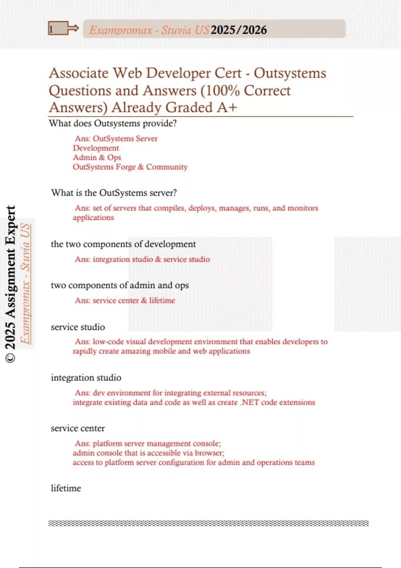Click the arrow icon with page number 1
63,29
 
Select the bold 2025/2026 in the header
239,30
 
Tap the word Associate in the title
79,73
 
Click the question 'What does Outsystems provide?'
113,123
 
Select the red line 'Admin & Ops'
97,157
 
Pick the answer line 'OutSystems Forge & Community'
130,167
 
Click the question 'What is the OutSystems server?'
114,193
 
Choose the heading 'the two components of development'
123,244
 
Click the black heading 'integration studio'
86,378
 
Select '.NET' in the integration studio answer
249,402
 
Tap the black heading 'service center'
78,428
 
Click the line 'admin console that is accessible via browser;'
148,453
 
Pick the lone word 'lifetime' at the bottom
66,488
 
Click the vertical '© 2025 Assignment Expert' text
10,284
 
